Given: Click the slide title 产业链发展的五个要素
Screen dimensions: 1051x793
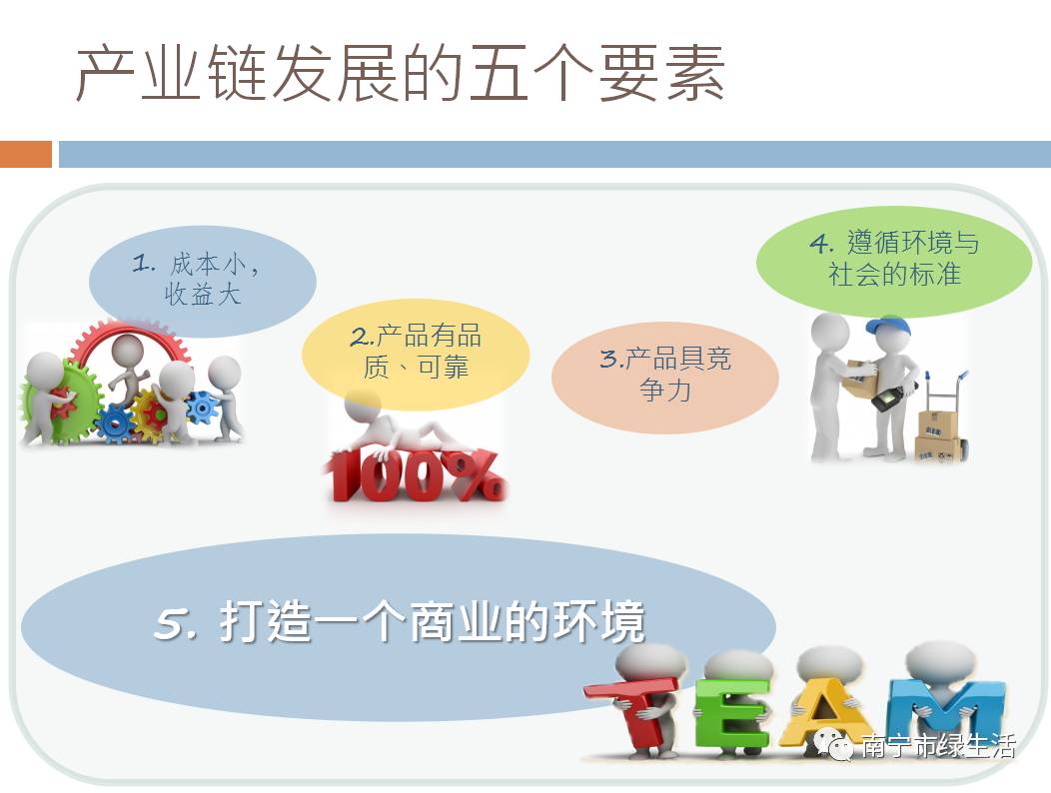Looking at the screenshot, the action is pyautogui.click(x=401, y=73).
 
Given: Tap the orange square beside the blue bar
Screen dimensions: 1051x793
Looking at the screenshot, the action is pyautogui.click(x=25, y=154).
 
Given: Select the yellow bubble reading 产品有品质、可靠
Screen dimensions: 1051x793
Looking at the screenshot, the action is pyautogui.click(x=416, y=354).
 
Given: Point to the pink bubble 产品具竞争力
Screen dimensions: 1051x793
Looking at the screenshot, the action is pyautogui.click(x=665, y=377).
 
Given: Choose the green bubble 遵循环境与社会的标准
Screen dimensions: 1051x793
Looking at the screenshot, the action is pyautogui.click(x=894, y=261).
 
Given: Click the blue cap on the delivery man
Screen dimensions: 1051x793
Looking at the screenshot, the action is pyautogui.click(x=889, y=327).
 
